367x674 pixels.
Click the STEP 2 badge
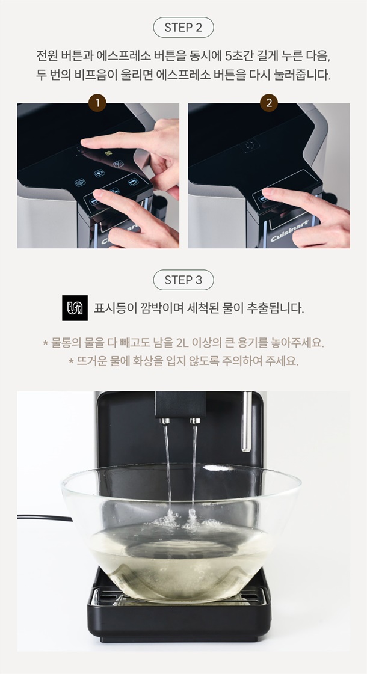pos(183,28)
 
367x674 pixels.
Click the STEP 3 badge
pos(183,280)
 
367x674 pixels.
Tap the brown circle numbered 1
pos(97,103)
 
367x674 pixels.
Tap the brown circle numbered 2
pos(269,103)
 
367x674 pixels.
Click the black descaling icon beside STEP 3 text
pos(75,308)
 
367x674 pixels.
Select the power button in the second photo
pos(250,146)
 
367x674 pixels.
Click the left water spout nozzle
pos(165,420)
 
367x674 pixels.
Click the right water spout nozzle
pos(195,420)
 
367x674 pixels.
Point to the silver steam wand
pos(246,421)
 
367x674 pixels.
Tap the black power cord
pos(45,518)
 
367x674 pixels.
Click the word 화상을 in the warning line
pos(150,361)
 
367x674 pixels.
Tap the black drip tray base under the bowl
pos(179,614)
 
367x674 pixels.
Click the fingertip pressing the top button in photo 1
pos(84,142)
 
